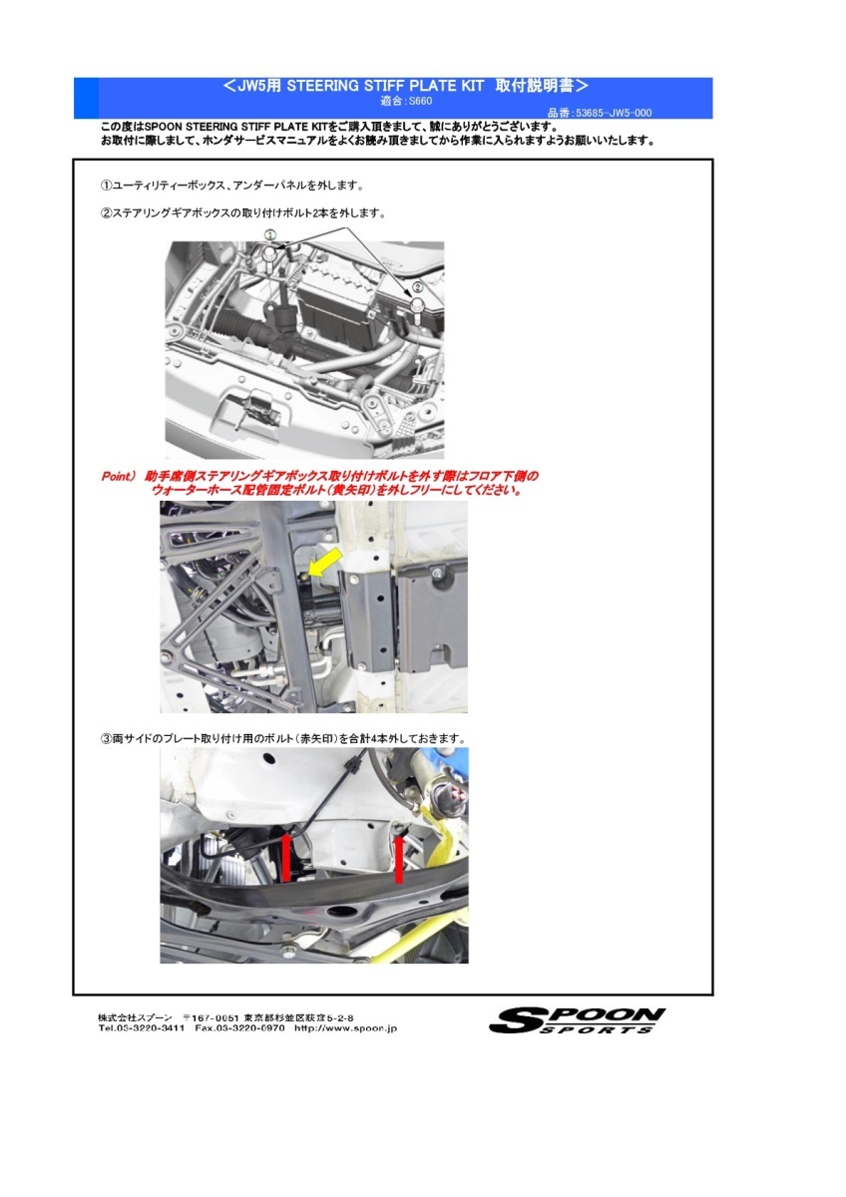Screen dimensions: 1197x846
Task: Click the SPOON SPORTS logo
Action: (578, 1020)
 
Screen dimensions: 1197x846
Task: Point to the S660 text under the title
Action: (420, 101)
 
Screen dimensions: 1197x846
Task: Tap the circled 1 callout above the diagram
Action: (269, 233)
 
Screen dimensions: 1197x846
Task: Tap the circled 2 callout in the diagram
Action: (418, 285)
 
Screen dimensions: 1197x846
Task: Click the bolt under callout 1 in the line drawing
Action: (269, 256)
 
